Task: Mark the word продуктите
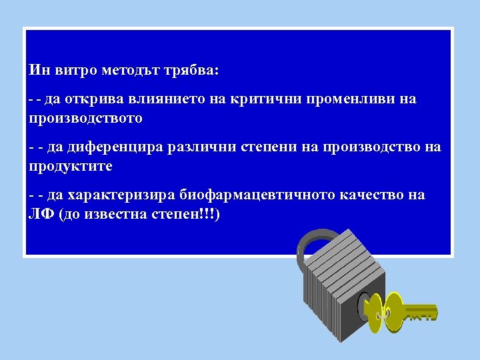point(71,165)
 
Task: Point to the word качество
point(368,195)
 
